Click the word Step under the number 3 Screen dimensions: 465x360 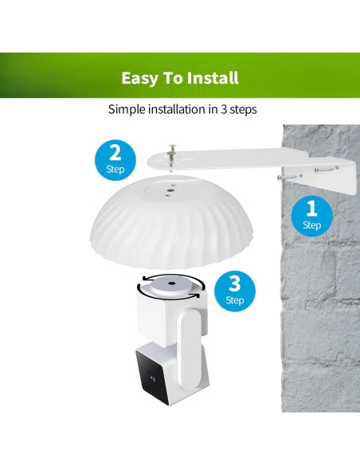234,300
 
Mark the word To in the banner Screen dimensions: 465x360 173,78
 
